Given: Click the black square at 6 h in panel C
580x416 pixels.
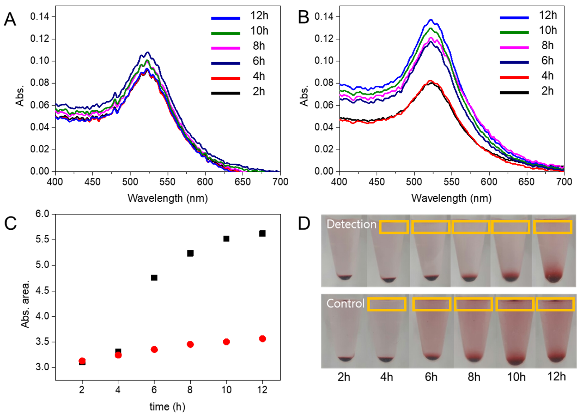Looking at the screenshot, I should pos(154,278).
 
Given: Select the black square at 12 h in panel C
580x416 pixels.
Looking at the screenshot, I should pos(262,233).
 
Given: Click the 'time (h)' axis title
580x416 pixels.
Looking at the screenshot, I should pos(167,406).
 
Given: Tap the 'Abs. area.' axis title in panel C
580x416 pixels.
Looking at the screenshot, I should pos(25,304).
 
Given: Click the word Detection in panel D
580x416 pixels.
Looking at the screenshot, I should pos(351,224).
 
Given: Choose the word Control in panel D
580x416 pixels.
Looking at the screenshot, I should pos(345,304).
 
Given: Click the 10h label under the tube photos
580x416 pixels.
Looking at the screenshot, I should pos(516,377).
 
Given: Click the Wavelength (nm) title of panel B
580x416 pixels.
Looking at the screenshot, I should pos(451,198).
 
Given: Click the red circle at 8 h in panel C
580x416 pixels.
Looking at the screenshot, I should pos(190,344).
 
